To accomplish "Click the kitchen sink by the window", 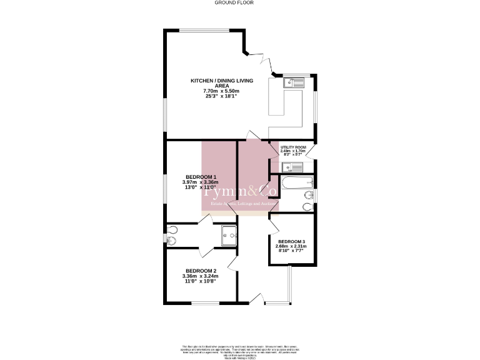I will [292, 82].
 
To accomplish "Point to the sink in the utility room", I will [292, 167].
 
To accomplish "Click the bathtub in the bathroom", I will [297, 184].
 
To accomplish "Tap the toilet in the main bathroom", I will [307, 206].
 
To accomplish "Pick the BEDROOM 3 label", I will [292, 242].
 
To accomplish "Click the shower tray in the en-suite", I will [229, 236].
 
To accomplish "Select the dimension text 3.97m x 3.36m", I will [199, 182].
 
